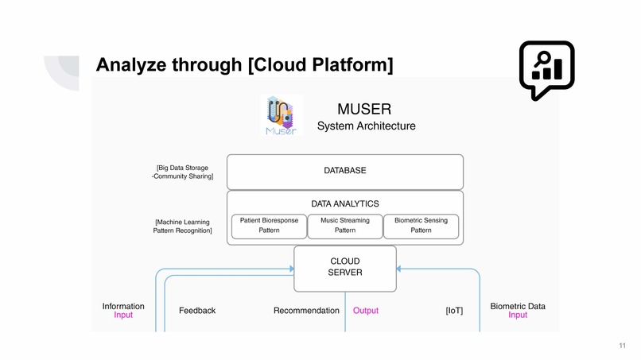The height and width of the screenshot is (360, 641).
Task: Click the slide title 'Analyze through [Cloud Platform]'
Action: [x=244, y=64]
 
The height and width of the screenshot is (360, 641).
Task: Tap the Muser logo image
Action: [x=282, y=116]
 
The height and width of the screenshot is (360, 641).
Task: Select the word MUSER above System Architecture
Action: [x=365, y=108]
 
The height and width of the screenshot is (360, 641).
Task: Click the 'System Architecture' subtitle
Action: [x=366, y=126]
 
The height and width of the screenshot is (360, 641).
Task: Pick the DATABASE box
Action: [x=344, y=171]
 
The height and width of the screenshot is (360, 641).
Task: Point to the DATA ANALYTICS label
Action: [x=344, y=203]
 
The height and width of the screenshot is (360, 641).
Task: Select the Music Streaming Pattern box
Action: [x=344, y=226]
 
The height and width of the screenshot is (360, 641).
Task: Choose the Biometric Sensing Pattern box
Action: [x=421, y=226]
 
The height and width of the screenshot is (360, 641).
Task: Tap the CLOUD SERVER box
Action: [x=344, y=267]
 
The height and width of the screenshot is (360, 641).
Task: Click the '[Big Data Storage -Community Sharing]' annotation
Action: [x=185, y=172]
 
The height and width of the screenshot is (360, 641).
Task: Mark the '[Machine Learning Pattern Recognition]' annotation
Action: [x=183, y=226]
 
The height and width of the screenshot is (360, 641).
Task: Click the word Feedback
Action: [x=197, y=311]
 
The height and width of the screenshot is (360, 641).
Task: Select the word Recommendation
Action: [x=306, y=311]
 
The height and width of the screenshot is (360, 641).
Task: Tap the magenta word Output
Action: [x=366, y=311]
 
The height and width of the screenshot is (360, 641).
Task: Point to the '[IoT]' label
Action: [x=454, y=311]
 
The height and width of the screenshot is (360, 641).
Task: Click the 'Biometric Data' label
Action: [x=518, y=306]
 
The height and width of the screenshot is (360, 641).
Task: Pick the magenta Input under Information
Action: [x=123, y=315]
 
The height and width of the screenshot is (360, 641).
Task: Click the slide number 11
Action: [x=622, y=345]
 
